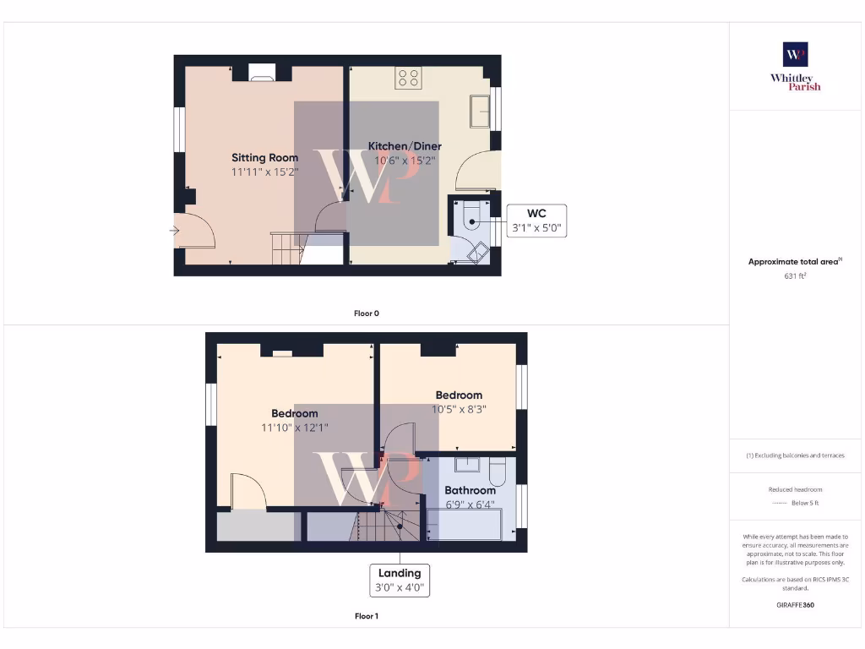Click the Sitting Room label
pyautogui.click(x=264, y=157)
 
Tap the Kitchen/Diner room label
pyautogui.click(x=405, y=146)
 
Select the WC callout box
pyautogui.click(x=536, y=221)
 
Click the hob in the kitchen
pyautogui.click(x=408, y=79)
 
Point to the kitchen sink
pyautogui.click(x=481, y=111)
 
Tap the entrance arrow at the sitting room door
pyautogui.click(x=175, y=230)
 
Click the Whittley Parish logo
pyautogui.click(x=795, y=66)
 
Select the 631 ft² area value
pyautogui.click(x=794, y=275)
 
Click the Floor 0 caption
pyautogui.click(x=366, y=314)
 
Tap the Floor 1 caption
pyautogui.click(x=366, y=616)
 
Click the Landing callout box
pyautogui.click(x=400, y=580)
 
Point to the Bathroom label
pyautogui.click(x=470, y=490)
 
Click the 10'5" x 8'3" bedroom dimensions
pyautogui.click(x=459, y=409)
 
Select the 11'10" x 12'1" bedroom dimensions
pyautogui.click(x=294, y=428)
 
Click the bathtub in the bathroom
pyautogui.click(x=465, y=525)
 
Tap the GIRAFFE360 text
pyautogui.click(x=794, y=605)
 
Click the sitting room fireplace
pyautogui.click(x=261, y=74)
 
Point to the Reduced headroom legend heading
pyautogui.click(x=795, y=489)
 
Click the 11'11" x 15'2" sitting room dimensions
pyautogui.click(x=264, y=172)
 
